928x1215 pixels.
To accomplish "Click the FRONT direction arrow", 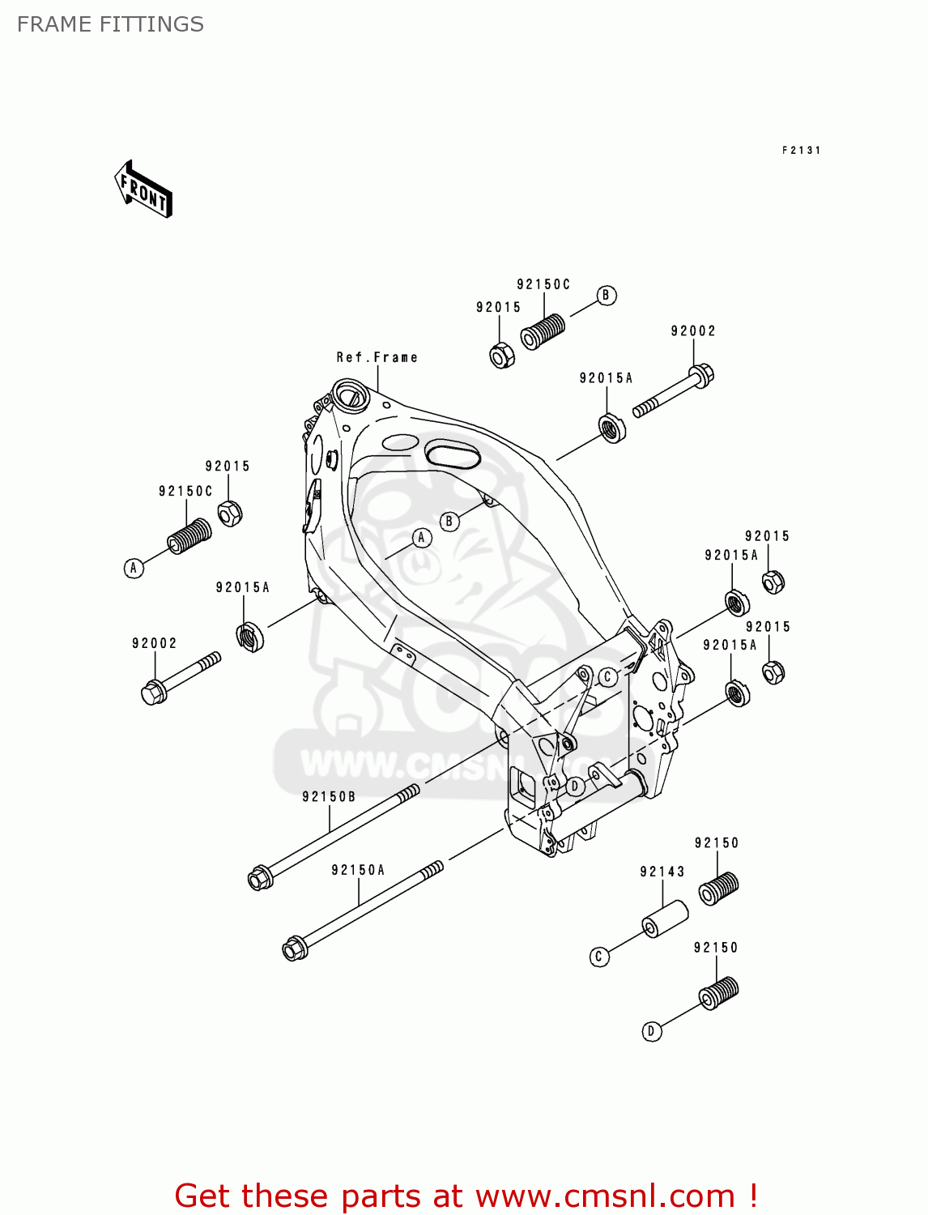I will click(x=144, y=190).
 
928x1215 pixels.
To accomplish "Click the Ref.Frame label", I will click(x=377, y=357).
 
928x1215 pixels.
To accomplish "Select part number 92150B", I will click(x=329, y=797).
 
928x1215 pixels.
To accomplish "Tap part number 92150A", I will click(x=358, y=870).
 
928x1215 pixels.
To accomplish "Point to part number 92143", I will click(x=662, y=872).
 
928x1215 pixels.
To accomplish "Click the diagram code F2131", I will click(x=801, y=150).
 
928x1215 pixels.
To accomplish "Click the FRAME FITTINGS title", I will click(x=110, y=24).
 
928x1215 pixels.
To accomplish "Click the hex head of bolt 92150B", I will click(x=259, y=878).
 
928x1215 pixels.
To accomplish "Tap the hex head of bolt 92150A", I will click(x=293, y=948).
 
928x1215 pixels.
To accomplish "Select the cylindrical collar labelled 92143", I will click(x=665, y=919).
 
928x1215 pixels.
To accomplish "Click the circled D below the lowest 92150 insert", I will click(x=652, y=1031).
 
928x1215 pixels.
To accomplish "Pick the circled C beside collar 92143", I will click(x=598, y=957).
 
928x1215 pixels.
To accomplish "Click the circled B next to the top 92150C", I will click(x=607, y=296).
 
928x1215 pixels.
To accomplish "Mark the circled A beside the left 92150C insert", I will click(x=134, y=568).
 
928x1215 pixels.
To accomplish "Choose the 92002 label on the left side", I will click(x=155, y=643).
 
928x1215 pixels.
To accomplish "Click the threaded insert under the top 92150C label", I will click(x=543, y=331).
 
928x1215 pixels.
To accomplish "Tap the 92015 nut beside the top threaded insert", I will click(x=502, y=355).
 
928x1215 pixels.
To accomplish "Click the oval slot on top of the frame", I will click(x=453, y=454).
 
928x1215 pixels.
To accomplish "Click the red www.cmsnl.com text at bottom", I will click(x=604, y=1196).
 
